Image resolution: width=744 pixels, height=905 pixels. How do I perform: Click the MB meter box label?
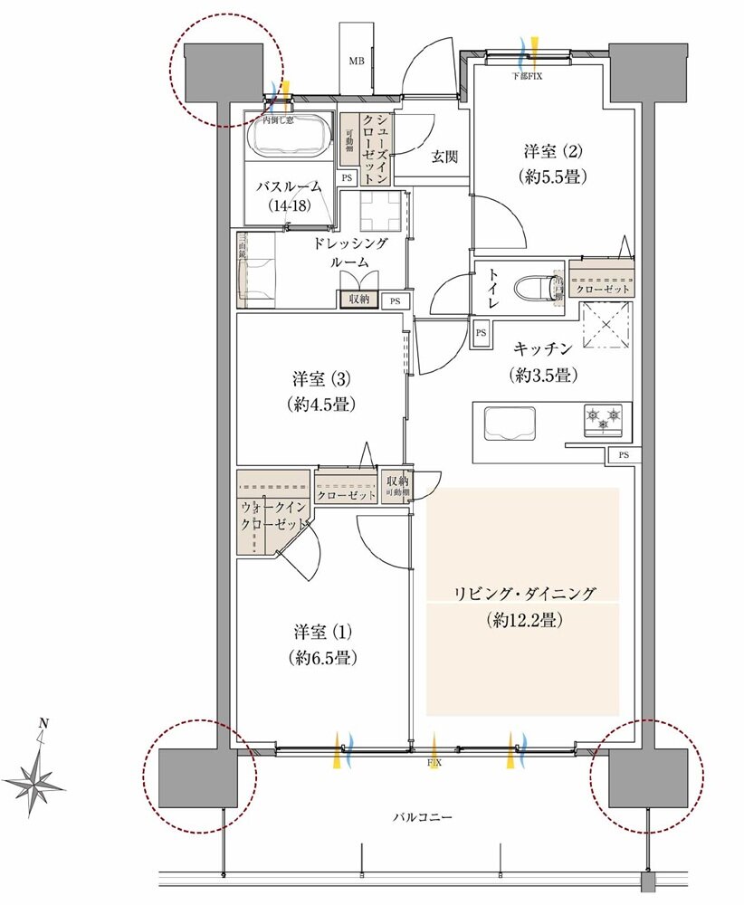click(x=357, y=62)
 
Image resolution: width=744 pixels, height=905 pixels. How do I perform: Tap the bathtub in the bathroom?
click(x=290, y=138)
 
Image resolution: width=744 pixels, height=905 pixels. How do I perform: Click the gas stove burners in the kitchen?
click(x=605, y=419)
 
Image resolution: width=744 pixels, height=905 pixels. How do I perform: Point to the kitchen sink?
click(x=510, y=423)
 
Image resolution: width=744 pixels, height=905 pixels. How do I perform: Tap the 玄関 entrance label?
click(x=444, y=157)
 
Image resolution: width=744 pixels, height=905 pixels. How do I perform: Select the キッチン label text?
click(x=543, y=348)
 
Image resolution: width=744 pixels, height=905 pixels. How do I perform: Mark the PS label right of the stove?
click(x=623, y=454)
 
